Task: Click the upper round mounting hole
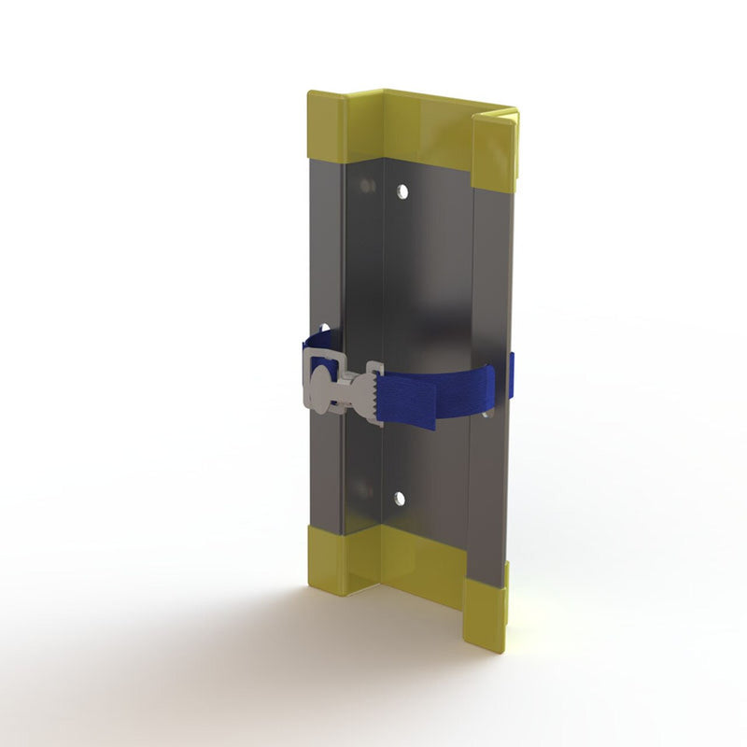click(402, 191)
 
